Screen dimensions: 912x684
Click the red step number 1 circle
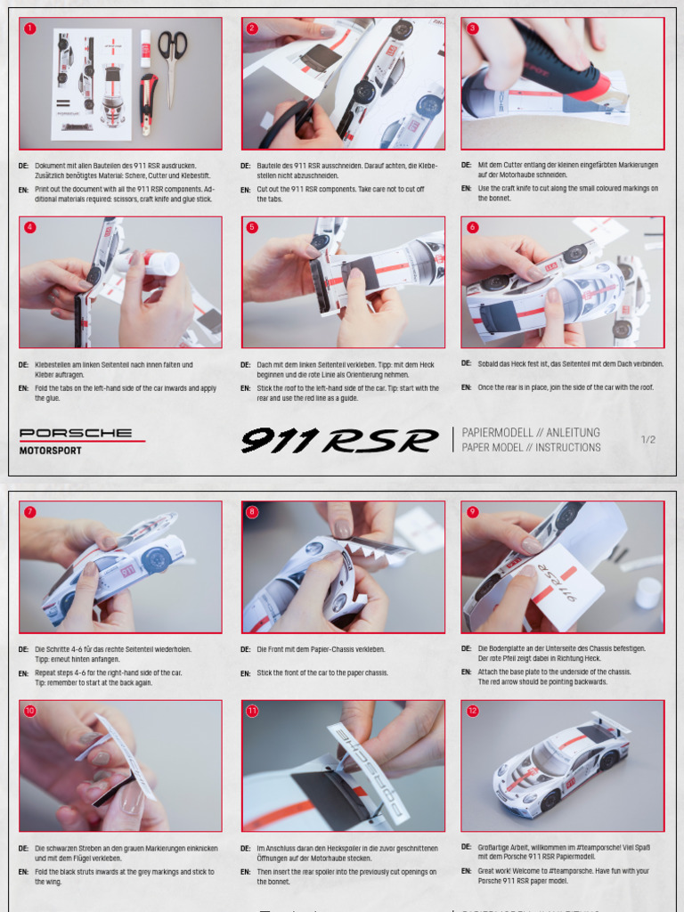click(30, 28)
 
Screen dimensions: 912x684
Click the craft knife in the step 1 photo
click(148, 102)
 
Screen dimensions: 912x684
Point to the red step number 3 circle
click(472, 28)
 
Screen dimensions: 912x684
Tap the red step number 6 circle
click(472, 227)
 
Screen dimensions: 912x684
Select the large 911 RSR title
click(340, 440)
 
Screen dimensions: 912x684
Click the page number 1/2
click(647, 440)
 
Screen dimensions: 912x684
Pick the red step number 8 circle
click(252, 512)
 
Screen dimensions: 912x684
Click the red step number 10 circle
click(30, 711)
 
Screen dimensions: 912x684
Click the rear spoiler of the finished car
click(611, 723)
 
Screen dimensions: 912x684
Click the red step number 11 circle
click(252, 711)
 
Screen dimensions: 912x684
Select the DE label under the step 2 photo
click(245, 166)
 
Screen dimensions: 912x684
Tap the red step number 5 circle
click(252, 227)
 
